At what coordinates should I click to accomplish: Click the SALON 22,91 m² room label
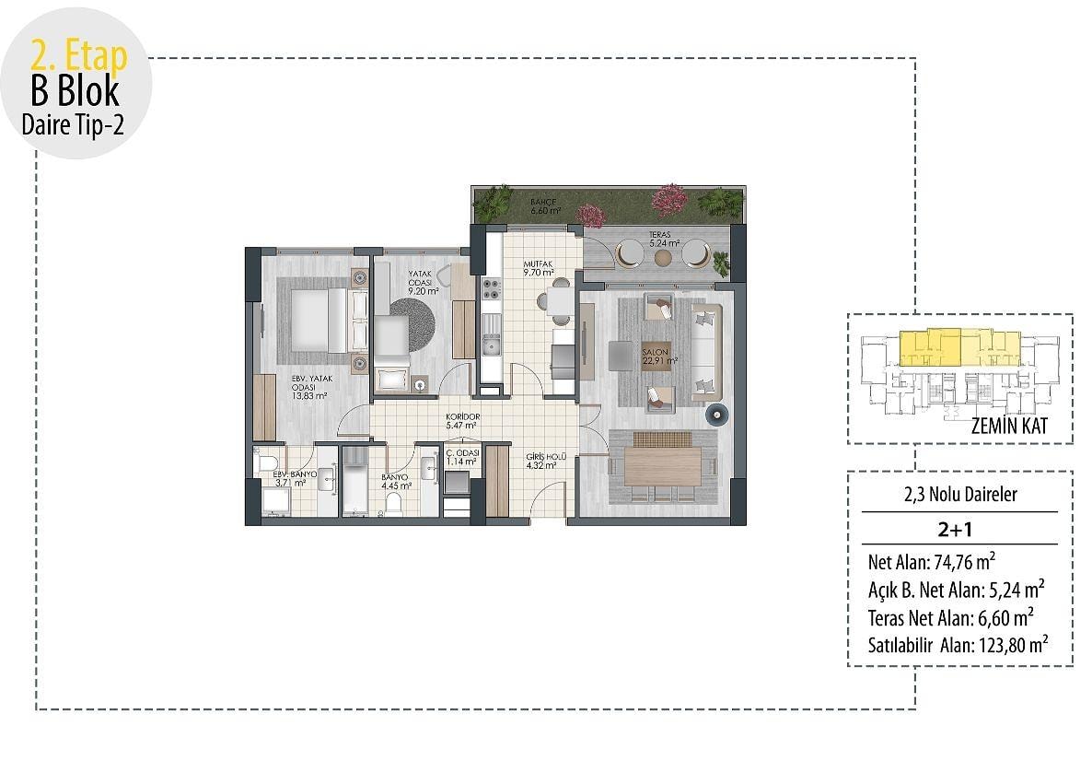tap(659, 357)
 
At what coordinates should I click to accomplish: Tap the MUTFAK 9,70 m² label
tap(539, 268)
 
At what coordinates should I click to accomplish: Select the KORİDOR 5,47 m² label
tap(462, 421)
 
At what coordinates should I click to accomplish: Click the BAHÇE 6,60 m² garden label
tap(544, 206)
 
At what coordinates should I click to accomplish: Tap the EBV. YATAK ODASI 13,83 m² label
tap(310, 388)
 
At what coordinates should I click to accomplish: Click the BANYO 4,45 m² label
tap(396, 482)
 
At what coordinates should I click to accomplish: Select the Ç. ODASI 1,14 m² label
tap(461, 457)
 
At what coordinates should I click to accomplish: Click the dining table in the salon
tap(662, 466)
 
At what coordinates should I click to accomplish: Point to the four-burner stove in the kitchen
tap(491, 288)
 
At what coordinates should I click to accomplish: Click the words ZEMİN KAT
tap(1008, 425)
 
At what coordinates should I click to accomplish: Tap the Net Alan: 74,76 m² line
tap(931, 561)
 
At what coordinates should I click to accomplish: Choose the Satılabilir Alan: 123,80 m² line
tap(958, 645)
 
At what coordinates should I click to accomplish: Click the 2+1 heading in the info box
tap(955, 530)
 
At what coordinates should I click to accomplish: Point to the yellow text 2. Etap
tap(78, 54)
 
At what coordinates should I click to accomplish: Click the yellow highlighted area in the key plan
tap(959, 347)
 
